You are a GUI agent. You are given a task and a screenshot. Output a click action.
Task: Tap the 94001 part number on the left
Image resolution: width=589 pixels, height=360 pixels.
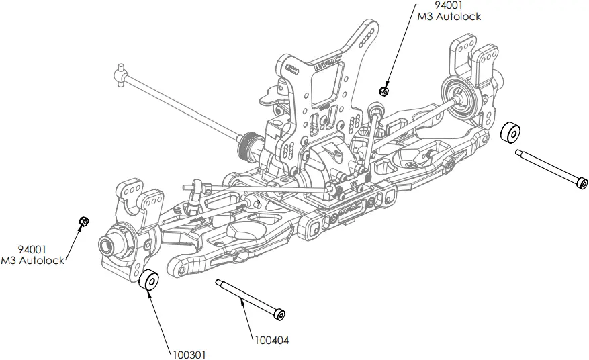tap(32, 249)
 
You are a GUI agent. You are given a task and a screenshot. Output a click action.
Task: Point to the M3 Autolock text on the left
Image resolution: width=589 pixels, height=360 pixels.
tap(34, 260)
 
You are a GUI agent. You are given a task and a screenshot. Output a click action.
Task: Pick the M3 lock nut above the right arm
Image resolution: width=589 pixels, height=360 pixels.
tap(383, 91)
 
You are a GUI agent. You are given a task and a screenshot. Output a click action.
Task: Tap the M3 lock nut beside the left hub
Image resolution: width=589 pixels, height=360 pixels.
tap(84, 222)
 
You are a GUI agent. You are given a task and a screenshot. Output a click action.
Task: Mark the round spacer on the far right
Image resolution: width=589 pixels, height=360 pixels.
tap(512, 132)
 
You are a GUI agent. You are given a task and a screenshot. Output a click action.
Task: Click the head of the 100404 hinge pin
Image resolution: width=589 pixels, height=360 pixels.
tap(280, 314)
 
